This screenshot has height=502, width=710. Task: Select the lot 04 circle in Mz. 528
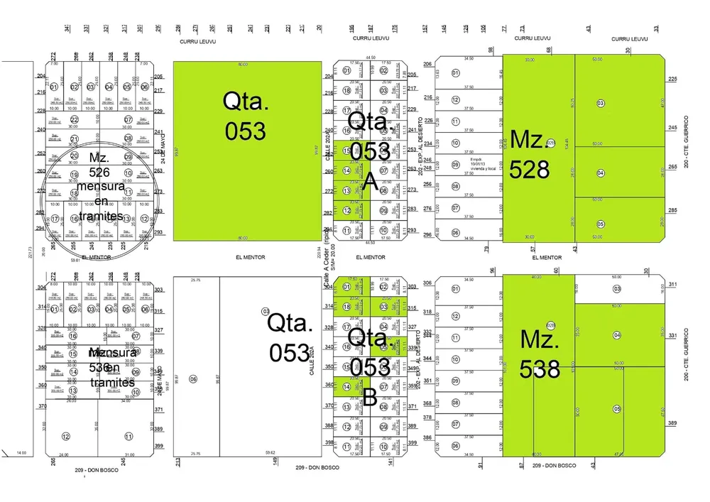pyautogui.click(x=601, y=173)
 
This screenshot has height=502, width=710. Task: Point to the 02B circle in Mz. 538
pyautogui.click(x=550, y=325)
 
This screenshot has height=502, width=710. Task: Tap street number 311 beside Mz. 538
pyautogui.click(x=672, y=284)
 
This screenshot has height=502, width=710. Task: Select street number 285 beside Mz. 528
pyautogui.click(x=672, y=210)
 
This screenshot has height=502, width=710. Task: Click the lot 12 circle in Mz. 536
pyautogui.click(x=65, y=436)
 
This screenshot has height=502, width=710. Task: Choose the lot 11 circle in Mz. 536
pyautogui.click(x=129, y=436)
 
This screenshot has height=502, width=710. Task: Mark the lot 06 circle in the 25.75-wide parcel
pyautogui.click(x=192, y=379)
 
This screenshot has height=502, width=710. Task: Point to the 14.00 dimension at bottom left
pyautogui.click(x=21, y=452)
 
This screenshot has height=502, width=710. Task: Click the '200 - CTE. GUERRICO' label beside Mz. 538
pyautogui.click(x=687, y=354)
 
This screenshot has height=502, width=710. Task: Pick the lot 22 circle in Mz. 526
pyautogui.click(x=74, y=119)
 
